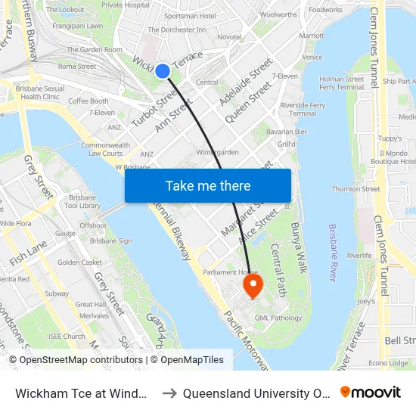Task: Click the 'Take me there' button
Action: pyautogui.click(x=208, y=185)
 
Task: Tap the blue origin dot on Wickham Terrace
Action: pyautogui.click(x=163, y=71)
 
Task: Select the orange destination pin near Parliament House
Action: pyautogui.click(x=252, y=285)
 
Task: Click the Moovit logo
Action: pyautogui.click(x=371, y=392)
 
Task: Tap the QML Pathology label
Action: pyautogui.click(x=278, y=318)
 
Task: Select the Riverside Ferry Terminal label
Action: pyautogui.click(x=303, y=109)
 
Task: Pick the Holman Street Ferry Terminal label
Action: pyautogui.click(x=341, y=82)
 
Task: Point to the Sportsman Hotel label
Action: pyautogui.click(x=190, y=15)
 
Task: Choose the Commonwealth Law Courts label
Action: pyautogui.click(x=105, y=149)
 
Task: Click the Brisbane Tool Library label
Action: pyautogui.click(x=82, y=201)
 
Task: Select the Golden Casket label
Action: pyautogui.click(x=79, y=262)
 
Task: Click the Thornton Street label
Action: pyautogui.click(x=355, y=189)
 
